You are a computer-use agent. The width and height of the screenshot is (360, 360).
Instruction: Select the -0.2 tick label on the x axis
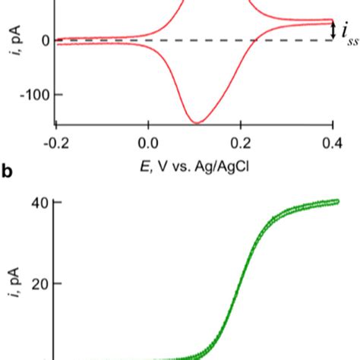[x=55, y=143]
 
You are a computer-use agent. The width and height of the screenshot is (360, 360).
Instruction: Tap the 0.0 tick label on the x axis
[x=149, y=143]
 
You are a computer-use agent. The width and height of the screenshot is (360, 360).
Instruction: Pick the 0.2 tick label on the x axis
[x=242, y=143]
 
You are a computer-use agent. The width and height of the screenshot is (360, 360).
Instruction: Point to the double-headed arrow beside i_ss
[x=334, y=30]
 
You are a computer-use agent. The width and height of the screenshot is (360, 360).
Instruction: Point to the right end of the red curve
[x=333, y=21]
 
